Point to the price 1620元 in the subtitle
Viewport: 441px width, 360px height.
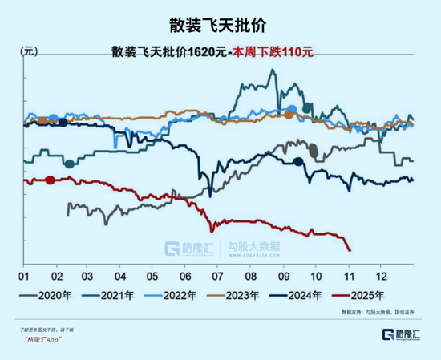(x=207, y=52)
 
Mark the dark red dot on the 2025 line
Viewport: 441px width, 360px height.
(x=50, y=180)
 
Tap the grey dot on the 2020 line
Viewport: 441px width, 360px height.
(x=314, y=149)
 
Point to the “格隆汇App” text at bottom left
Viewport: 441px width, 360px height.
(x=42, y=340)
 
